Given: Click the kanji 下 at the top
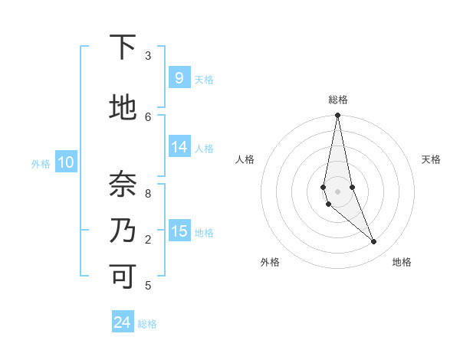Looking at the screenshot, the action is tap(122, 47).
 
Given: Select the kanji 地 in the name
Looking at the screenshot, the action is tap(122, 108).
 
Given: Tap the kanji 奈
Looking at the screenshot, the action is tap(122, 184).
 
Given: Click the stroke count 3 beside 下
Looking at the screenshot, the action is tap(148, 56).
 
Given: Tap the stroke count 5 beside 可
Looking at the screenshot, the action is tap(148, 286).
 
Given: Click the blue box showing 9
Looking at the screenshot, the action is tap(179, 77).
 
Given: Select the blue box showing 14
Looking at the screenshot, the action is tap(179, 147).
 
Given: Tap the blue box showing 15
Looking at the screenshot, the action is tap(179, 231).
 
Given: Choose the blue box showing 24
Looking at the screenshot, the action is tap(122, 322).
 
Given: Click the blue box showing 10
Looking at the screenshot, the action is tap(65, 162).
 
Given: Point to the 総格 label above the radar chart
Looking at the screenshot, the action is tap(338, 100).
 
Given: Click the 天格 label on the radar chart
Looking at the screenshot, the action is tap(431, 159).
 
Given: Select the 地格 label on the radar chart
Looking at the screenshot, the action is tap(402, 262).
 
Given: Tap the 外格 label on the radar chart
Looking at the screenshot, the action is tap(270, 262).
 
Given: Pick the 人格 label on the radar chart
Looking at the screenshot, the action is tap(245, 159).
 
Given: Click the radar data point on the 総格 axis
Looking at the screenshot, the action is tap(337, 116).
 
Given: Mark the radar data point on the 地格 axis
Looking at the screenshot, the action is tap(374, 242).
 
